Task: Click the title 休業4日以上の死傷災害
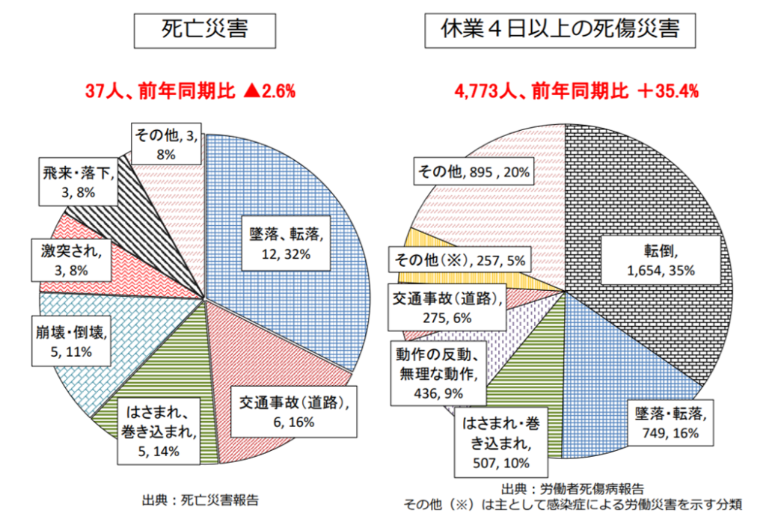coord(560,30)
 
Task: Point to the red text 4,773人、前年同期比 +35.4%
coord(576,91)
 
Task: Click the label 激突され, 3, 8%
coord(72,259)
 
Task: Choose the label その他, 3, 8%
coord(165,144)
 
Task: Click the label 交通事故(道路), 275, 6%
coord(446,307)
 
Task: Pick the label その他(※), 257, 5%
coord(459,261)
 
